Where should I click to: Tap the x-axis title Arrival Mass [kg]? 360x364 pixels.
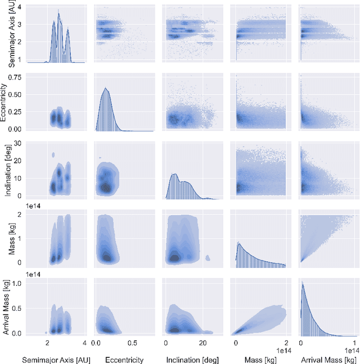[x=327, y=359]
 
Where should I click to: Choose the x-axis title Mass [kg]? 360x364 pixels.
[x=260, y=359]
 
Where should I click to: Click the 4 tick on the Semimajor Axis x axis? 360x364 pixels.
[x=84, y=343]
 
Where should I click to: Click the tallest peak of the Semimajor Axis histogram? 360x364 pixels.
[x=58, y=11]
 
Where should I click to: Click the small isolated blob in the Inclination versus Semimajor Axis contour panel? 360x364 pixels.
[x=53, y=154]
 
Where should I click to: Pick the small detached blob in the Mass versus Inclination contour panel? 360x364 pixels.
[x=208, y=258]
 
